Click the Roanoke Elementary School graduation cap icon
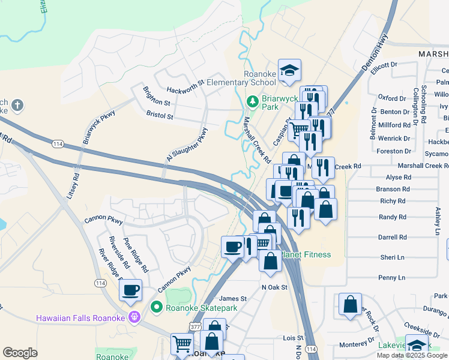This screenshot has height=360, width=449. [x=289, y=70]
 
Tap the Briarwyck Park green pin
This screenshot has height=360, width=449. [x=254, y=100]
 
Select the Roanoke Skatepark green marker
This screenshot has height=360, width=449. [x=157, y=307]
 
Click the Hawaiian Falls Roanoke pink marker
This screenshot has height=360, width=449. [x=136, y=316]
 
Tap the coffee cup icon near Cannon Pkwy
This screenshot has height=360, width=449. [x=130, y=291]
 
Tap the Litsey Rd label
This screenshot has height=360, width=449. [x=73, y=186]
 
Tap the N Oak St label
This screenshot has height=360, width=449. [x=275, y=287]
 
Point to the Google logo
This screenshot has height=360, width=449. [x=20, y=353]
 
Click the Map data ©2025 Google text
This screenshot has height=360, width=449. [x=411, y=355]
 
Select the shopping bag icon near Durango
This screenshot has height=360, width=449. [x=350, y=304]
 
